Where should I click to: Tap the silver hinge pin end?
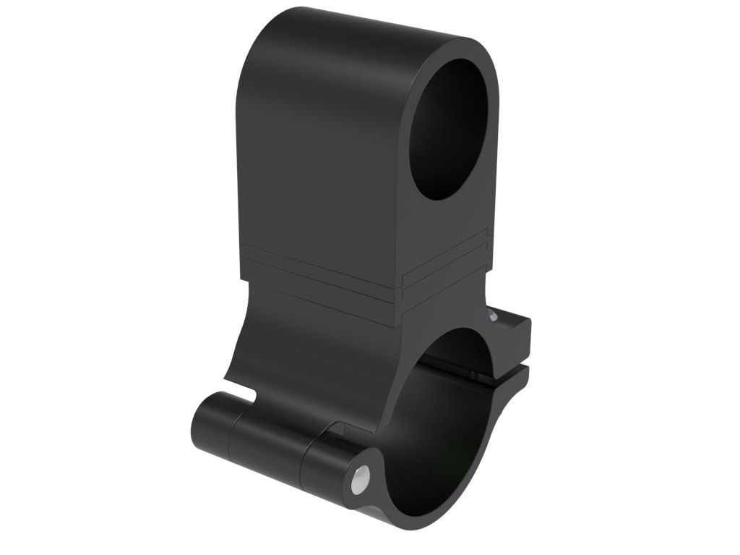coord(358,479)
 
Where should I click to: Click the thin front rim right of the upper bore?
coord(491,116)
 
